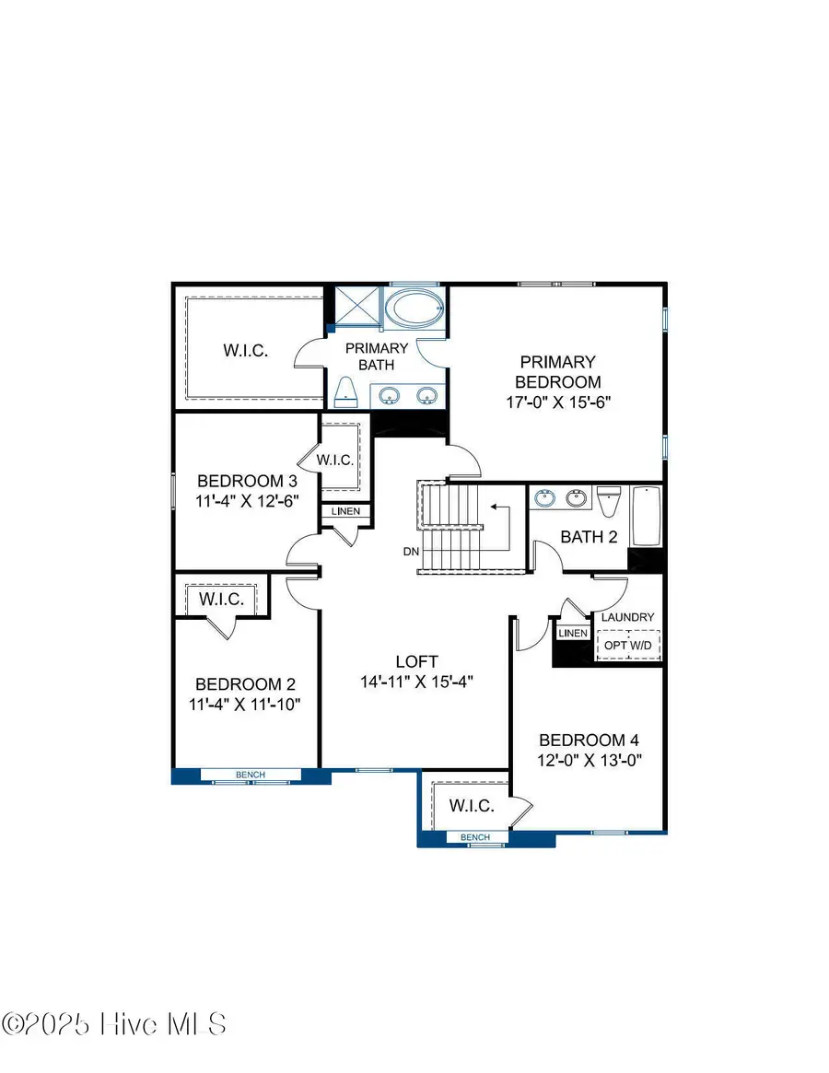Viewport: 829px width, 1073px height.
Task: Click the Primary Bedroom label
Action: click(557, 372)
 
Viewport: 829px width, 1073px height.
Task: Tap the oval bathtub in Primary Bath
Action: click(413, 309)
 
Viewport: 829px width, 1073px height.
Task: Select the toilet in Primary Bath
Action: click(345, 393)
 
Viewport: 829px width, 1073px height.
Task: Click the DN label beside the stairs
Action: click(411, 553)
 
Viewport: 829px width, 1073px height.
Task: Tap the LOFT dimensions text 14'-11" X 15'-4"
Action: click(416, 682)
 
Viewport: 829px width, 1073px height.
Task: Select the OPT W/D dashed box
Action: click(627, 646)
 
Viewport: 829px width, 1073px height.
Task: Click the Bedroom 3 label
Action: click(247, 481)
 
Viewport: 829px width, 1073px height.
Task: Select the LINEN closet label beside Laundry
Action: click(572, 633)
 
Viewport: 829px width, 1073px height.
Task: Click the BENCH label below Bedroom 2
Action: click(251, 775)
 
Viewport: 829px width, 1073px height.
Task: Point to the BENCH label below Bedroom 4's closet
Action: click(475, 837)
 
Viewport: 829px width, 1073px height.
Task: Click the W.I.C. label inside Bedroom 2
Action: click(222, 600)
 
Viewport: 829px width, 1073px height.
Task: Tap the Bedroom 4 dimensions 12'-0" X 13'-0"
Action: click(589, 760)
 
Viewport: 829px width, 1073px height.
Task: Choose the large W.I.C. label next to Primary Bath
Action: click(245, 350)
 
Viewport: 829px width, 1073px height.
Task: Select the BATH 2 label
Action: click(589, 537)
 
